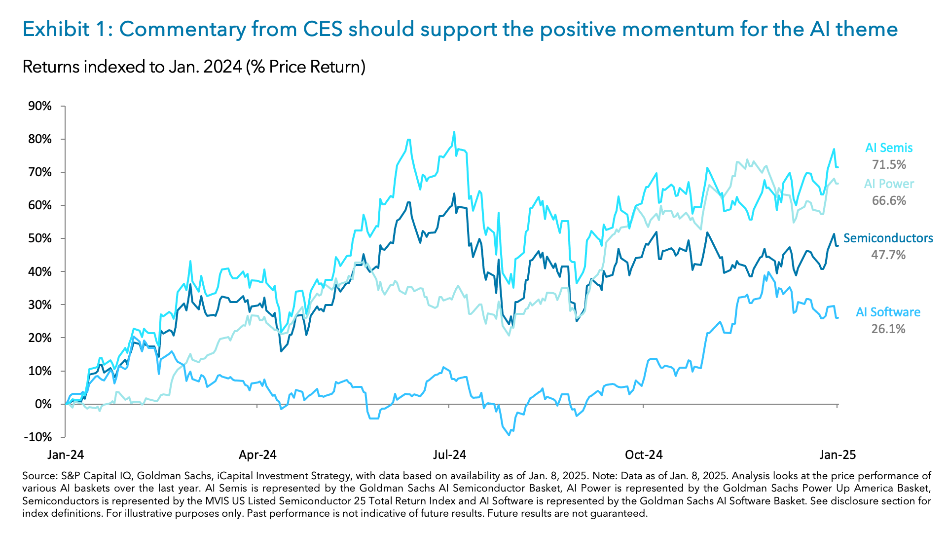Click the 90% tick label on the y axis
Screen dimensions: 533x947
pyautogui.click(x=40, y=106)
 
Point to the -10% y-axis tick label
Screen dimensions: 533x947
pyautogui.click(x=38, y=437)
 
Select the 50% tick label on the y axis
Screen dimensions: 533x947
pyautogui.click(x=40, y=238)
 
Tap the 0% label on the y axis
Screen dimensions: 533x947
pyautogui.click(x=43, y=404)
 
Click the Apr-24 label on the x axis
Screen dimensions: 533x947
pyautogui.click(x=257, y=455)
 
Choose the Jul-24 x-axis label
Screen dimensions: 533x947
pyautogui.click(x=449, y=455)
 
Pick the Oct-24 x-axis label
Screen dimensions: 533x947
pyautogui.click(x=643, y=455)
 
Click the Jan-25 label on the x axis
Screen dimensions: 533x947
pyautogui.click(x=837, y=455)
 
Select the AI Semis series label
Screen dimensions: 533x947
pyautogui.click(x=889, y=148)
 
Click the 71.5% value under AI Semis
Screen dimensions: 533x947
pyautogui.click(x=889, y=164)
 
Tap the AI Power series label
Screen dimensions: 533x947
pyautogui.click(x=889, y=184)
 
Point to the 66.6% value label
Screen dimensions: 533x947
pyautogui.click(x=889, y=200)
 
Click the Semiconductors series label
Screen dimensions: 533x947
pyautogui.click(x=888, y=238)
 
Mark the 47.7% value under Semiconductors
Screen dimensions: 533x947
pyautogui.click(x=888, y=255)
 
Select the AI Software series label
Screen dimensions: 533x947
pyautogui.click(x=888, y=312)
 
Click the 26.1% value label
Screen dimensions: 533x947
pyautogui.click(x=888, y=329)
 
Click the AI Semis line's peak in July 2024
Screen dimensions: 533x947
pyautogui.click(x=454, y=132)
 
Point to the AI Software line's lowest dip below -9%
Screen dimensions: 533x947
pyautogui.click(x=509, y=435)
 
